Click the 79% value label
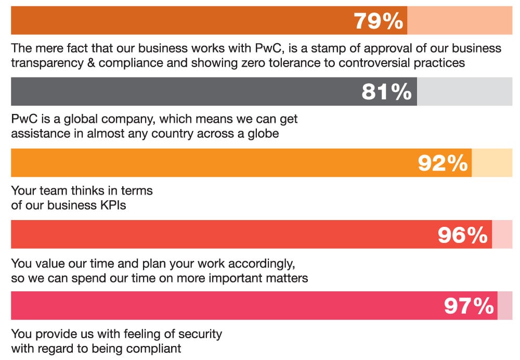[378, 21]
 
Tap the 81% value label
[386, 92]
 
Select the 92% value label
[443, 163]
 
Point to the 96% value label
[462, 235]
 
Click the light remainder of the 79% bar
[459, 20]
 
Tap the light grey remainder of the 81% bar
[464, 92]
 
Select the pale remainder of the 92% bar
[491, 163]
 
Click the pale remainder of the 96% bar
[502, 234]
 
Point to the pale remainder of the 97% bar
[504, 305]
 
